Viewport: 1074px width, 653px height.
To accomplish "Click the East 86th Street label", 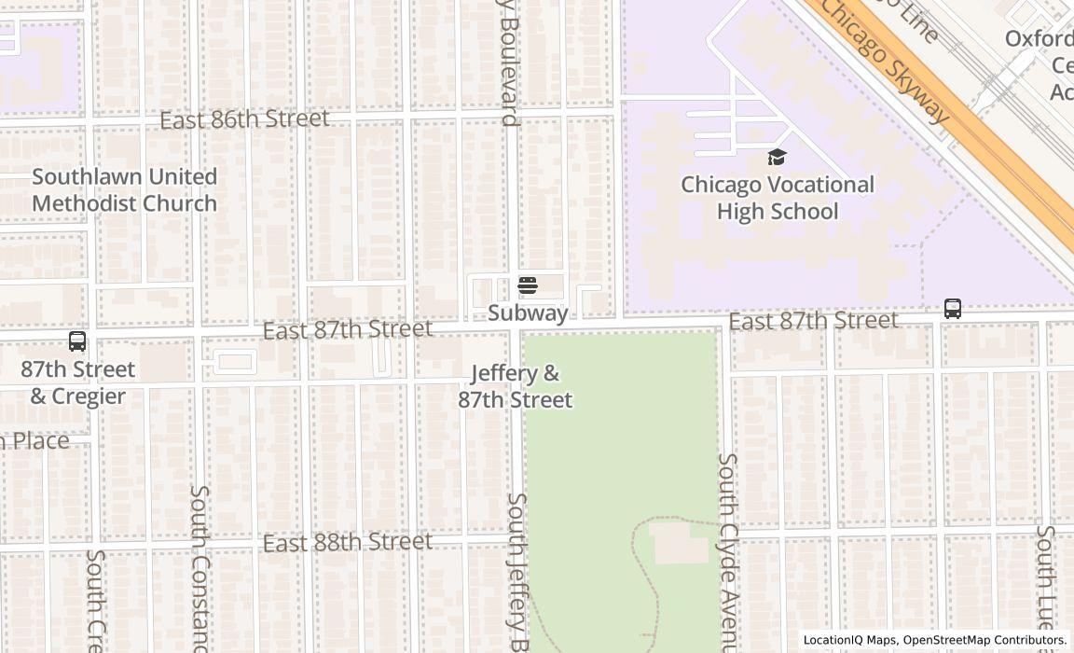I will [x=244, y=119].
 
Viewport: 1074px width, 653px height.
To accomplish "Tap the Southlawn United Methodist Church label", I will [x=124, y=189].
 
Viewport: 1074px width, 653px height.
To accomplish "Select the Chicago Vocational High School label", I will [x=778, y=198].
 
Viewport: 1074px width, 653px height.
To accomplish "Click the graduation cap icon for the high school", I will [x=778, y=158].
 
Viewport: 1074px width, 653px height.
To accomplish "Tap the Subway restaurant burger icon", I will [x=528, y=285].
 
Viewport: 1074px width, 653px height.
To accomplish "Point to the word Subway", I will [x=528, y=313].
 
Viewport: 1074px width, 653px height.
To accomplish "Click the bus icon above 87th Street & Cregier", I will [x=77, y=341].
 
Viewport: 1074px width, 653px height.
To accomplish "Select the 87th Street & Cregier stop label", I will [x=77, y=382].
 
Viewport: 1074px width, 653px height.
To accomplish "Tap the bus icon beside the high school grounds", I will [x=952, y=309].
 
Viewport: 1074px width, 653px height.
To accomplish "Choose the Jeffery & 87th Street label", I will [x=515, y=386].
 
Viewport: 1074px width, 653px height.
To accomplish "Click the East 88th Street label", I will [x=347, y=542].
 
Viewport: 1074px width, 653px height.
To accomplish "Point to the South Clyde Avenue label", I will [x=727, y=550].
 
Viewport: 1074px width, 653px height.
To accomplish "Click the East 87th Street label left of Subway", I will [x=347, y=330].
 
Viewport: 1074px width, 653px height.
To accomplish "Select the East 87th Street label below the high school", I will [x=813, y=321].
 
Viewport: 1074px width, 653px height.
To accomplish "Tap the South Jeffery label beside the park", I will [x=517, y=569].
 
